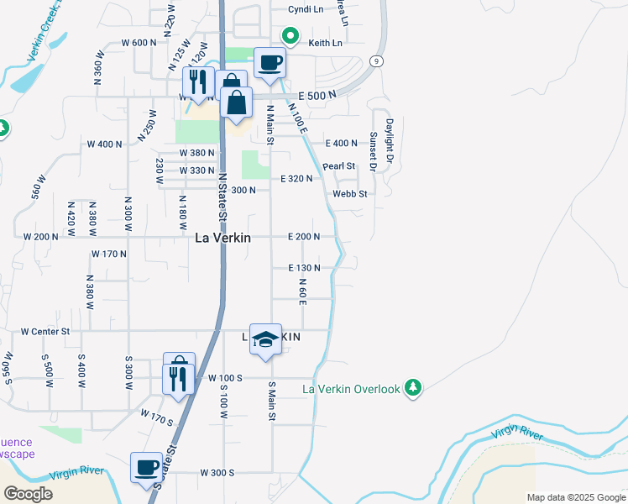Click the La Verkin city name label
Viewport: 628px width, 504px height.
[x=222, y=238]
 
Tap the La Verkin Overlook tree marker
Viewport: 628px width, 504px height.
[x=412, y=387]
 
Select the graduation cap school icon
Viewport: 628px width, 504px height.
[x=265, y=339]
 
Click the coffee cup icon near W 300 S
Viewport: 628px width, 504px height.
[x=147, y=467]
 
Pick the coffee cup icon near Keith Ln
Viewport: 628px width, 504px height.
[x=270, y=62]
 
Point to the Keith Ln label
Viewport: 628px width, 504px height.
[x=326, y=43]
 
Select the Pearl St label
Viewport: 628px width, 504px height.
[x=339, y=166]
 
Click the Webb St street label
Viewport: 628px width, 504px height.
[x=350, y=194]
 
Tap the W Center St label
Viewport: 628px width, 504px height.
[x=45, y=332]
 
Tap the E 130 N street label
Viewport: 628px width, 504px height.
[x=304, y=268]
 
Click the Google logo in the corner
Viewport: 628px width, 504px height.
[x=28, y=494]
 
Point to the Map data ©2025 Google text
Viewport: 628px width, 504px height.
[x=575, y=497]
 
